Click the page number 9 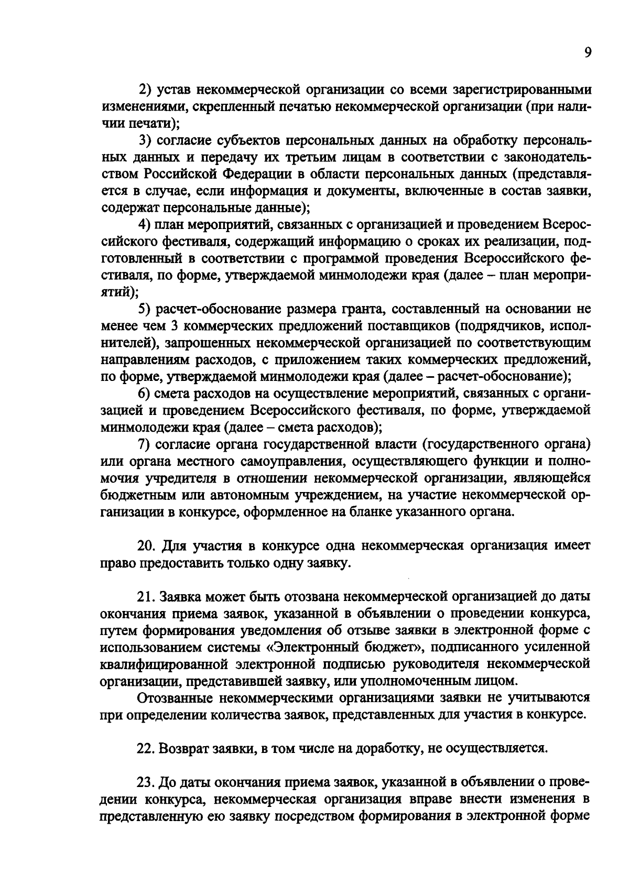(x=587, y=53)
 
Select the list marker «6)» (x=144, y=394)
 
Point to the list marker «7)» (x=144, y=444)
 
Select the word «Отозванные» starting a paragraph (x=173, y=698)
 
